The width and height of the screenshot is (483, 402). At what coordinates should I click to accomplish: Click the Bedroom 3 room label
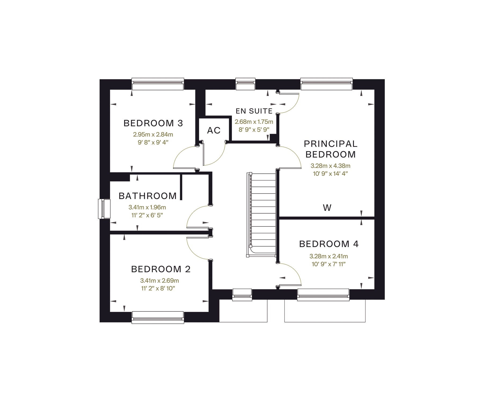[153, 123]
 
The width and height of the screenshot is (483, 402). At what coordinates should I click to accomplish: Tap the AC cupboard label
[214, 131]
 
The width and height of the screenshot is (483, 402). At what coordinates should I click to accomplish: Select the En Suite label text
[254, 111]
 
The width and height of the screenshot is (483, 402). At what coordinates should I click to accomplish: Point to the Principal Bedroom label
[331, 149]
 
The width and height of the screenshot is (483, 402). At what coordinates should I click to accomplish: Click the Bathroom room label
[148, 196]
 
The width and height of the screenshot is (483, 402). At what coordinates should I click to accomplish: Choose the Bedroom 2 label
[161, 269]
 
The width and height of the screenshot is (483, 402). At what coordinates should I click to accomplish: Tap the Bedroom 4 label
[329, 244]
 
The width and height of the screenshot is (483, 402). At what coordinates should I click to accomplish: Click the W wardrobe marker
[327, 207]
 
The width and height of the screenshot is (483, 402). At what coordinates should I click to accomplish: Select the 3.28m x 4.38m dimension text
[330, 166]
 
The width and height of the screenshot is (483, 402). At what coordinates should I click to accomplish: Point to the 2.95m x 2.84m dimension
[153, 134]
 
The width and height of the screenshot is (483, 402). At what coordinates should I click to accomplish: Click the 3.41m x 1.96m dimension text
[147, 207]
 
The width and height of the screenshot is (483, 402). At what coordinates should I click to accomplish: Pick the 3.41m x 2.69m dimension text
[159, 281]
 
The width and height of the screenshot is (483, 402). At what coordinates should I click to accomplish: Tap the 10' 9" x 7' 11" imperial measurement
[328, 264]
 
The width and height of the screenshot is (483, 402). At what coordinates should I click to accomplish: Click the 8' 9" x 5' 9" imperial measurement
[254, 130]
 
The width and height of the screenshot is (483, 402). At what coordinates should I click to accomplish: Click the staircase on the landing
[262, 215]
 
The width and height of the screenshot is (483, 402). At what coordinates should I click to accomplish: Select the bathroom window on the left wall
[104, 209]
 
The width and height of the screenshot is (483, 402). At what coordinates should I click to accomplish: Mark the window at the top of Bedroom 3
[158, 84]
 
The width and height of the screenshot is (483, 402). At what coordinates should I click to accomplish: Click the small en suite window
[245, 84]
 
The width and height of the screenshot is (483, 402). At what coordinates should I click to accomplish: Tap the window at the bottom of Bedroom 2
[158, 317]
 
